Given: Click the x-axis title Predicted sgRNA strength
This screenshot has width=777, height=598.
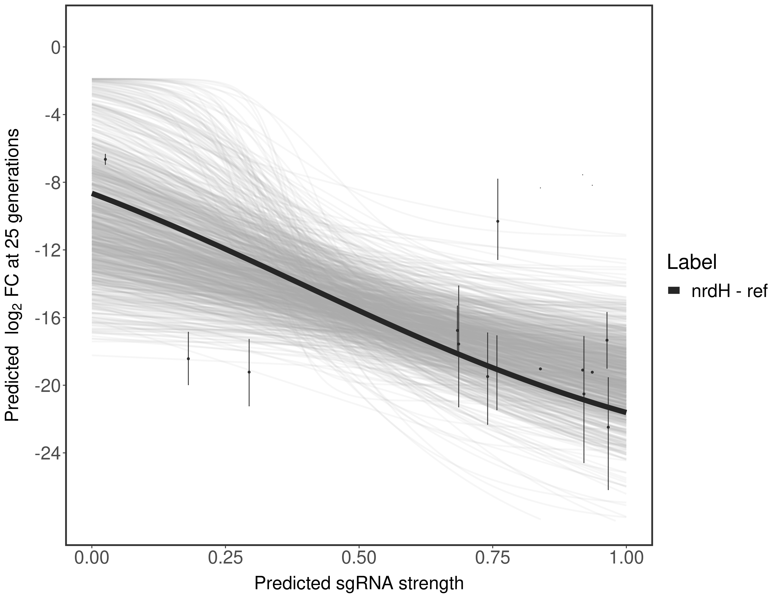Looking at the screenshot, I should click(359, 584).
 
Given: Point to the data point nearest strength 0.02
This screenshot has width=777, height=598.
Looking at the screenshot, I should click(105, 159).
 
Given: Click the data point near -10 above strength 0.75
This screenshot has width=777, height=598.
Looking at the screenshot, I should click(498, 221).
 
